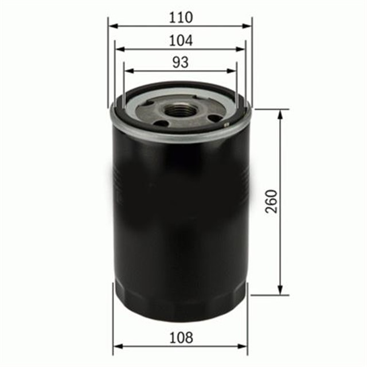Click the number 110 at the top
[x=180, y=17]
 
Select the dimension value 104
[x=180, y=40]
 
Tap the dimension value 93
[x=180, y=61]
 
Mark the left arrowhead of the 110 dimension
[x=112, y=26]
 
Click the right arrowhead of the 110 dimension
[x=248, y=26]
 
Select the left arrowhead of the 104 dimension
[x=119, y=49]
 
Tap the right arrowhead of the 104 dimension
[x=241, y=49]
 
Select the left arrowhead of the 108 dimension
[x=117, y=346]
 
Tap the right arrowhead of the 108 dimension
[x=244, y=346]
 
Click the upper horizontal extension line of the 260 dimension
[x=270, y=109]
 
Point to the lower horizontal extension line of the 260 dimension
[x=270, y=295]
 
